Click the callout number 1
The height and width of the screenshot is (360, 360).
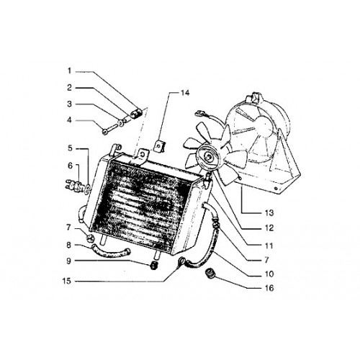pyautogui.click(x=69, y=71)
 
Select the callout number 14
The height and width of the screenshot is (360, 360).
pyautogui.click(x=185, y=93)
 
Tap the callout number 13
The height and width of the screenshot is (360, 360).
pyautogui.click(x=269, y=212)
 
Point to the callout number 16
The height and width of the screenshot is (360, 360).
pyautogui.click(x=269, y=288)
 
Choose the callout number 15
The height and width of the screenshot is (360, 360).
pyautogui.click(x=67, y=281)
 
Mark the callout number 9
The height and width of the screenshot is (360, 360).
pyautogui.click(x=69, y=261)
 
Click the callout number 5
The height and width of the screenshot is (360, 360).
pyautogui.click(x=70, y=148)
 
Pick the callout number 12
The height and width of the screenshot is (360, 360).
pyautogui.click(x=269, y=228)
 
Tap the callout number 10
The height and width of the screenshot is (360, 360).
pyautogui.click(x=269, y=274)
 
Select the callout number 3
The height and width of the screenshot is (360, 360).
pyautogui.click(x=69, y=104)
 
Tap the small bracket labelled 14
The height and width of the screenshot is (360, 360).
pyautogui.click(x=159, y=146)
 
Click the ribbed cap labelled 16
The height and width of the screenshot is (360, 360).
pyautogui.click(x=210, y=274)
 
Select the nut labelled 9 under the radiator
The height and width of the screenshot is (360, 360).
pyautogui.click(x=153, y=266)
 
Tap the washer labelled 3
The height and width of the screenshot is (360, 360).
pyautogui.click(x=120, y=123)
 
